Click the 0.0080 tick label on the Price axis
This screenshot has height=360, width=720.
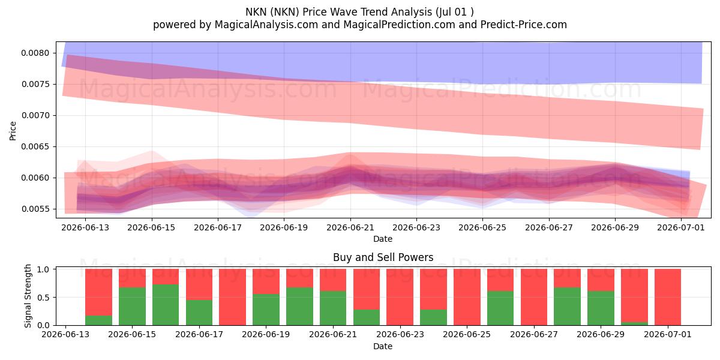coord(35,53)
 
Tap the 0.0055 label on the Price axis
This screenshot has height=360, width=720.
coord(35,209)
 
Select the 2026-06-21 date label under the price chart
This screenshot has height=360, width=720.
coord(350,227)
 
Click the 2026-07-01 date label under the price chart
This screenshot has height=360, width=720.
coord(681,227)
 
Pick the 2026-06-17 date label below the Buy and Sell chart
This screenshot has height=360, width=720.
coord(199,334)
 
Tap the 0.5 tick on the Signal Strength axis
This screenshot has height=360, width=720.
coord(43,298)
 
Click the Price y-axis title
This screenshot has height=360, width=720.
coord(13,131)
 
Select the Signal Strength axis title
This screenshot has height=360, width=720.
coord(28,296)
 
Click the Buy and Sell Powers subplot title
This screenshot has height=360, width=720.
coord(383,257)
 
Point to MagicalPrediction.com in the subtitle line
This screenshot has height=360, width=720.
coord(399,25)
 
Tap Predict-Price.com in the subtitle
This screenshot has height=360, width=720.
coord(524,25)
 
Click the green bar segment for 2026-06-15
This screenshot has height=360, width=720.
coord(132,307)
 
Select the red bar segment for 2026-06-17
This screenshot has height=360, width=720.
coord(199,284)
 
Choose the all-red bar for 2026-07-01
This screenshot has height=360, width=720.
coord(668,297)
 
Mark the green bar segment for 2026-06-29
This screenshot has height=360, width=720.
coord(601,308)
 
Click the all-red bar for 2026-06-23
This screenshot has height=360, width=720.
coord(400,297)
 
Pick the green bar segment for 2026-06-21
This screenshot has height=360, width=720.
coord(333,308)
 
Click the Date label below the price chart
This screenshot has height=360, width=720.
coord(383,239)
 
